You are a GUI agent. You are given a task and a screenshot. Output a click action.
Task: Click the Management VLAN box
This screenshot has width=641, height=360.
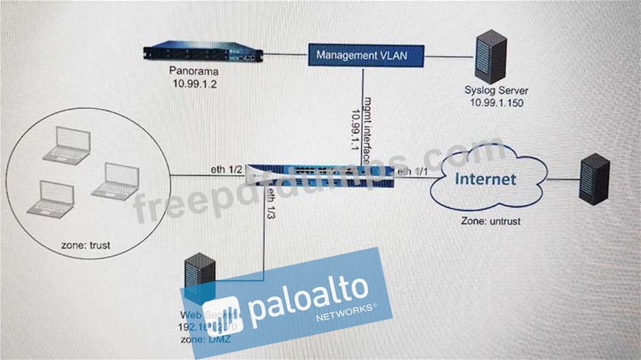coord(366,54)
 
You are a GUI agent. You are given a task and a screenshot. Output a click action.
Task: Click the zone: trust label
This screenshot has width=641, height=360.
coord(84,244)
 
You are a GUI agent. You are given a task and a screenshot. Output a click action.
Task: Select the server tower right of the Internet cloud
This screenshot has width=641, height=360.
coord(594,179)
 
